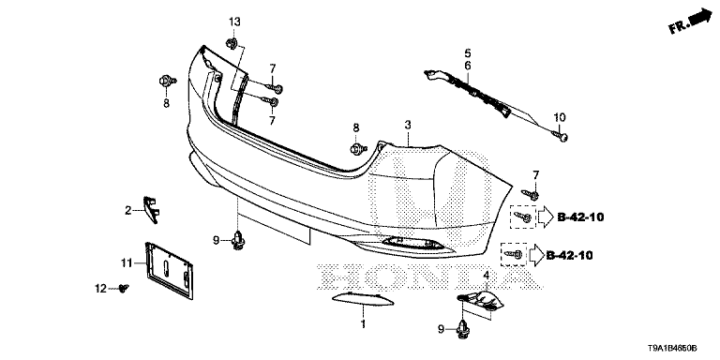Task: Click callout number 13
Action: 234,22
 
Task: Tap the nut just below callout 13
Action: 233,42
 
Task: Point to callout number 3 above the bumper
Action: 408,125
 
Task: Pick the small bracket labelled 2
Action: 151,207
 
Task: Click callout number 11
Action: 126,262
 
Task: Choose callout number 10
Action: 560,116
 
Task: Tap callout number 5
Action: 467,52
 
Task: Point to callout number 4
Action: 487,275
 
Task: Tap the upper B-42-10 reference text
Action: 580,217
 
